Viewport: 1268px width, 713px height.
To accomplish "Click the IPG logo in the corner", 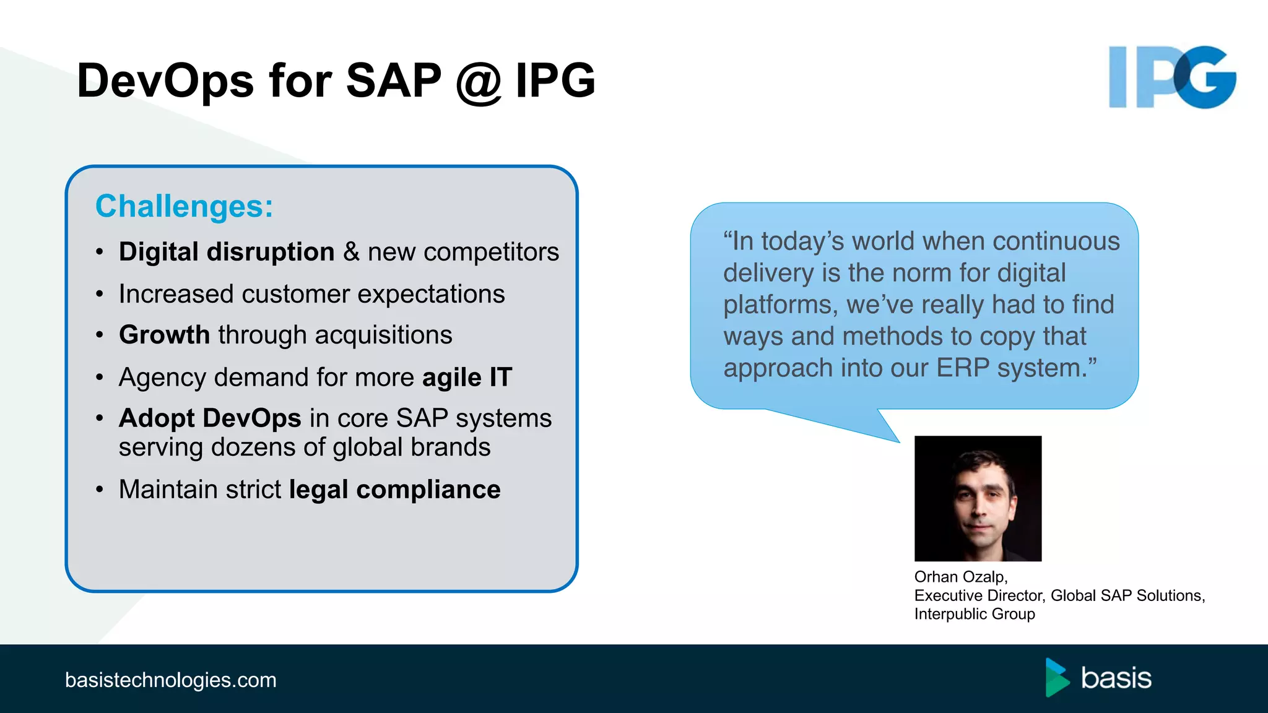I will (1172, 77).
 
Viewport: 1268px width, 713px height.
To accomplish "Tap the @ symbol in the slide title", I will (478, 82).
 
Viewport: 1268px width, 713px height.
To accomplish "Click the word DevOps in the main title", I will (165, 81).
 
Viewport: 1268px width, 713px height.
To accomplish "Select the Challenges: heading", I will (184, 206).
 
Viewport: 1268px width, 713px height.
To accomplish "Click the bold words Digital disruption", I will (227, 252).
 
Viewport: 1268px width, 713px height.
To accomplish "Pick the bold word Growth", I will (165, 335).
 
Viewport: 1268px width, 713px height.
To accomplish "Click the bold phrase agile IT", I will (467, 377).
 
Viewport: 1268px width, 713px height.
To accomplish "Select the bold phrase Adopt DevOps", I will (210, 418).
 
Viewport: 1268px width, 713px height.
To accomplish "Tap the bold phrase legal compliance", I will (394, 490).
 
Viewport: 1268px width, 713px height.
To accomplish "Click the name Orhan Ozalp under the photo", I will (960, 577).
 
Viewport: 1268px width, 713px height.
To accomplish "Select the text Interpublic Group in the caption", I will (975, 614).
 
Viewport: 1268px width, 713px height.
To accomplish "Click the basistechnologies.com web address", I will (171, 680).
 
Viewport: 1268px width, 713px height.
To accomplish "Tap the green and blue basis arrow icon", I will (1057, 677).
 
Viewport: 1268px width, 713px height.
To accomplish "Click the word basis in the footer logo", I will (1116, 678).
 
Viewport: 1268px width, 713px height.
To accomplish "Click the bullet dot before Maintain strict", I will (100, 490).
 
